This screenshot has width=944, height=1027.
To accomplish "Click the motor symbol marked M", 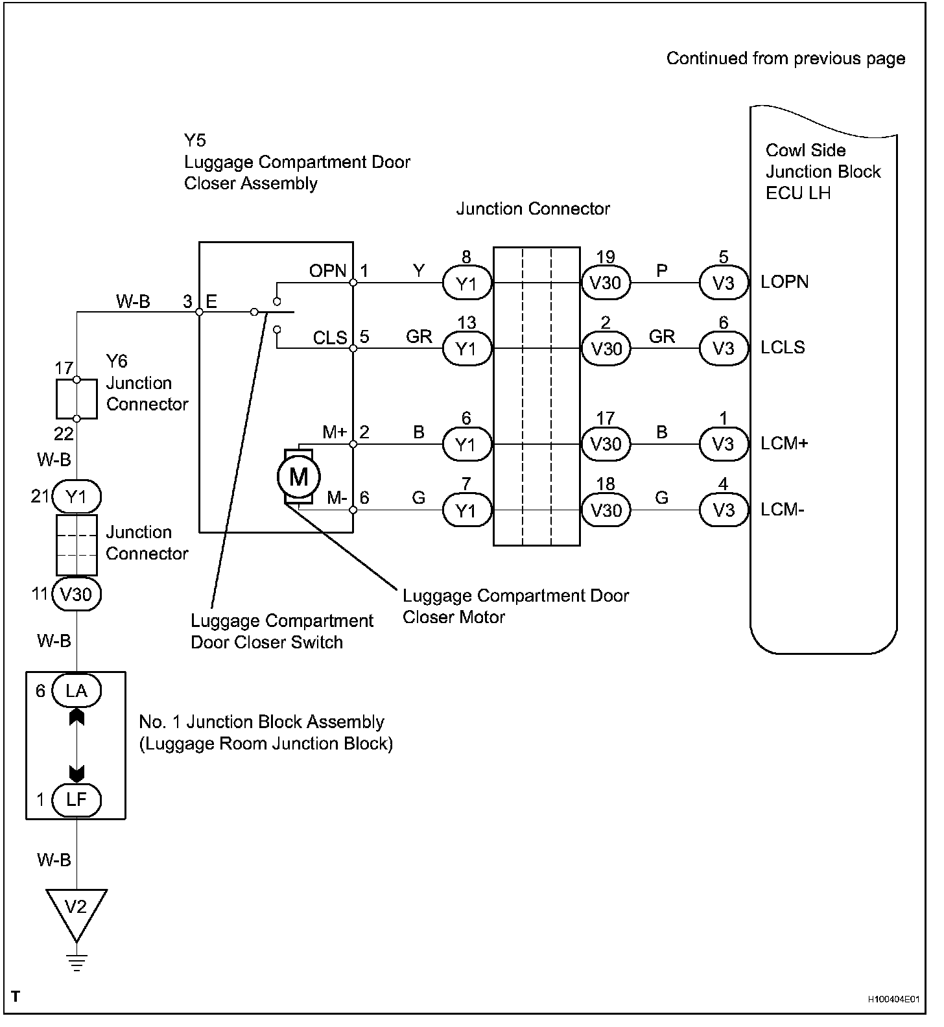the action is (298, 478).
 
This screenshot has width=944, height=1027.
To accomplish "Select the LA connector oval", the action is (77, 691).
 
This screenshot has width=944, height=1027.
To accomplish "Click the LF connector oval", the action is (77, 799).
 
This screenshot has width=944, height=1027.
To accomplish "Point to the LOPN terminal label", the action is (785, 283).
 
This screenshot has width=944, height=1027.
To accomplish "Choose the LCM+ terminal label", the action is (784, 444).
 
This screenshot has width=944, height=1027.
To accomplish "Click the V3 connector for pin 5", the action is (723, 283).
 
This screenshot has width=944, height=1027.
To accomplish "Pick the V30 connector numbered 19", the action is (606, 283).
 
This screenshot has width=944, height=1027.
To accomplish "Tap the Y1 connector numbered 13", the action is (467, 349).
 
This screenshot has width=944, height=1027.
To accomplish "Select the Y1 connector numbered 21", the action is (77, 497).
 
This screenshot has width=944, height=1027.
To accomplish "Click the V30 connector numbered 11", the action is (77, 595).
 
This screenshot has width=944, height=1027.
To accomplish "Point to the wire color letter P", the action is (661, 270).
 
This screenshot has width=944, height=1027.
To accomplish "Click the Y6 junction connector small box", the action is (77, 399).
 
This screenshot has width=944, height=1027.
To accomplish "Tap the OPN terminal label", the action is (328, 270).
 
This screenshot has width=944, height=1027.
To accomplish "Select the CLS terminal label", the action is (330, 338).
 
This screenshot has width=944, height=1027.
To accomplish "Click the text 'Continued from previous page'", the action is (786, 58).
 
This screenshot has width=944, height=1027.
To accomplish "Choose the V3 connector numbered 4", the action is (723, 510).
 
